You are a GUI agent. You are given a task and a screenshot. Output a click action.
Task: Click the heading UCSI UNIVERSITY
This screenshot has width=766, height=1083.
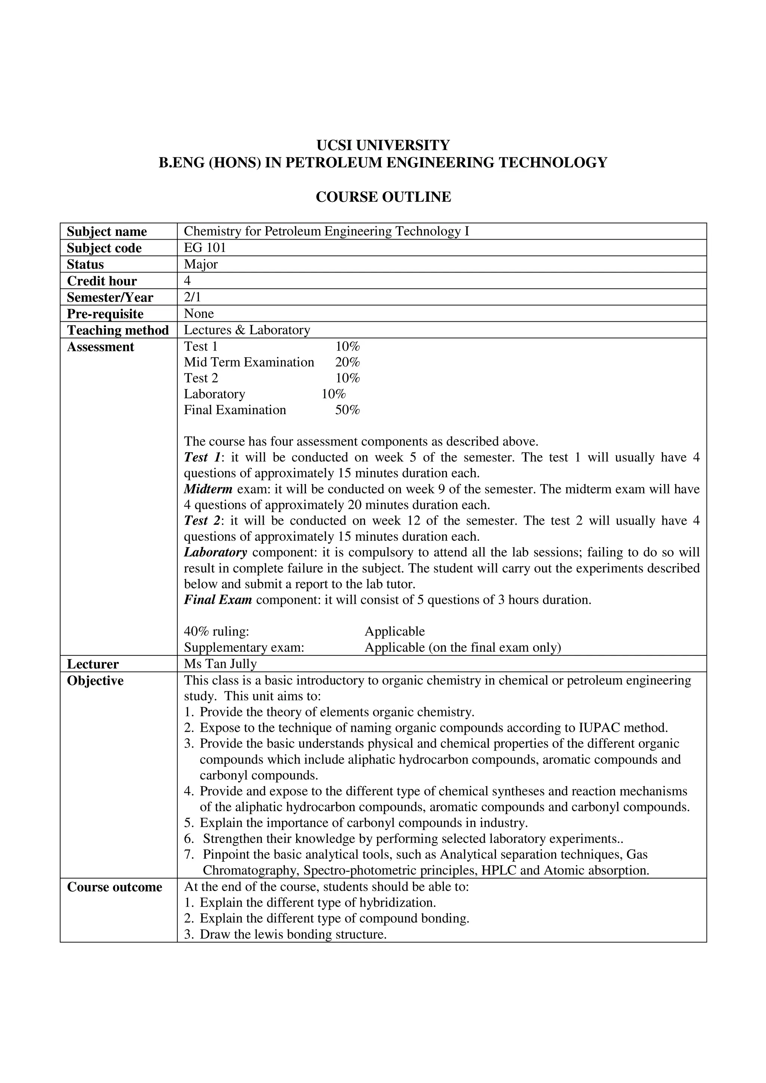383,145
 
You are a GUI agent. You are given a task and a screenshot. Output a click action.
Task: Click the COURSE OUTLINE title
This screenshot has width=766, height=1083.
383,197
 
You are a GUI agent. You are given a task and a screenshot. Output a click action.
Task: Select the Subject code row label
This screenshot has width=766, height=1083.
104,248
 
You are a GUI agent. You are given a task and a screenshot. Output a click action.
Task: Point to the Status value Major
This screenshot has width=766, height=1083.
200,264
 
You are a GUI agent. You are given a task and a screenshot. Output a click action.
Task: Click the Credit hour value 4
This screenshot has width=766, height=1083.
187,281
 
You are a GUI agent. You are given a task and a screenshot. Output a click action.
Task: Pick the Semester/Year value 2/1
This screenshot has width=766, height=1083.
192,297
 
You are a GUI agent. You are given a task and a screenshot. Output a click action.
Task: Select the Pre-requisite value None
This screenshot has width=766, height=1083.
199,314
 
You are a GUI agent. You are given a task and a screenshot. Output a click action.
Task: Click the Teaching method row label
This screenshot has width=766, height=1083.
117,330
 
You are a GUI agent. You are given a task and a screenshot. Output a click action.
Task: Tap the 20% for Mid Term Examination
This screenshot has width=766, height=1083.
347,362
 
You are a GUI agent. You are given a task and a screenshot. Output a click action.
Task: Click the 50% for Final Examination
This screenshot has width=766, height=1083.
347,410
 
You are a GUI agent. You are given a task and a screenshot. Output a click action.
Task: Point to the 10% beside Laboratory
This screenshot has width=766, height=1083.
334,394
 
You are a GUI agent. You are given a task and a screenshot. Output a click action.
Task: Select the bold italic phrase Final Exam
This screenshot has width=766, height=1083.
218,600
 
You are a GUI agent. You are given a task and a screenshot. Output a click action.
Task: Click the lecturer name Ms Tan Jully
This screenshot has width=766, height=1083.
220,664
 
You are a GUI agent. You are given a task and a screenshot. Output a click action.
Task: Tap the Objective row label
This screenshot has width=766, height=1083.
95,681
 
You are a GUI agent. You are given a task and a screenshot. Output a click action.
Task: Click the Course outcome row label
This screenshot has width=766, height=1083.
114,887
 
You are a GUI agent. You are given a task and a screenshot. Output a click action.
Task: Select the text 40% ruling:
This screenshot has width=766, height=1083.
216,632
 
